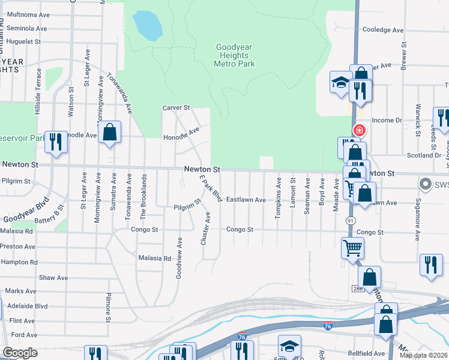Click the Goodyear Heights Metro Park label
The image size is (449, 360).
(235, 56)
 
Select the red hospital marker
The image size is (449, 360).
(359, 130)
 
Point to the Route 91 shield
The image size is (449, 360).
(350, 221)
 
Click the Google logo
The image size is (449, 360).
(20, 353)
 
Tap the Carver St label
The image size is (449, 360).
(176, 108)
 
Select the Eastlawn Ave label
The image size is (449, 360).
(246, 200)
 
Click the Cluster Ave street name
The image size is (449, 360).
(208, 228)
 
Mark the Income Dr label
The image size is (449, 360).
(387, 121)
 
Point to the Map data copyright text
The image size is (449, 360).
(423, 355)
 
